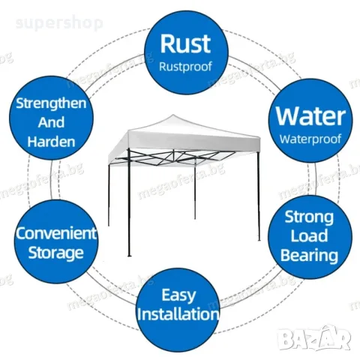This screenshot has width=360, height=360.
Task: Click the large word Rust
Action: point(185,43)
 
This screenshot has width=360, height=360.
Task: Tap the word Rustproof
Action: point(185,67)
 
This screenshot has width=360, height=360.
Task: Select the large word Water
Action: point(310,116)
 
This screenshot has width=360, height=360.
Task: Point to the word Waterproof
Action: point(310,139)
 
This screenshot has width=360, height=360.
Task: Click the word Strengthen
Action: point(51,103)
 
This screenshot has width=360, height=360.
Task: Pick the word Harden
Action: point(51,141)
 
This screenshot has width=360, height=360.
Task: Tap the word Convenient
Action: point(56,233)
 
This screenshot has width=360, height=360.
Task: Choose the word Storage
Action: point(55,253)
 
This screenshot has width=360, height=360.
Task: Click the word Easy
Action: point(178,295)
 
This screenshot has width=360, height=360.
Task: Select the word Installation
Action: point(178,314)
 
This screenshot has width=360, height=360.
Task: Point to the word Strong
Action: point(309,217)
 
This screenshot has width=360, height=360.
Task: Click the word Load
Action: point(309,236)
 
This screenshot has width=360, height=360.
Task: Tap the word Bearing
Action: point(309,256)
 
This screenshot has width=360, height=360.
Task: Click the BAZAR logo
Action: point(314,337)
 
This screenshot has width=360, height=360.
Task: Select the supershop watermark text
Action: point(59,23)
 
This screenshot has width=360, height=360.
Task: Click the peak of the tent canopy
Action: point(173,115)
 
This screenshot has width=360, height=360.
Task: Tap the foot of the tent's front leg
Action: point(129,255)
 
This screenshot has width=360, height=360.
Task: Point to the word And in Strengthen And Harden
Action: point(51,122)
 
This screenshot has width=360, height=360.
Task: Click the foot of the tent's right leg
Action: point(259,239)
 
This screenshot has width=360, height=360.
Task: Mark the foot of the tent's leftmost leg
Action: point(109,225)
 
